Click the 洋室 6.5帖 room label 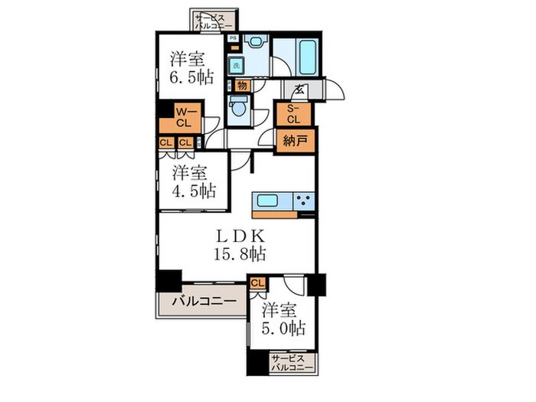187,67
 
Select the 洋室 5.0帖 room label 283,320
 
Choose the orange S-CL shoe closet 293,114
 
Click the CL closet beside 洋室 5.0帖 258,284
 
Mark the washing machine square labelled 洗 237,66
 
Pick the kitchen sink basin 269,201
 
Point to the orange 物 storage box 241,86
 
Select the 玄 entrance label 294,88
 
